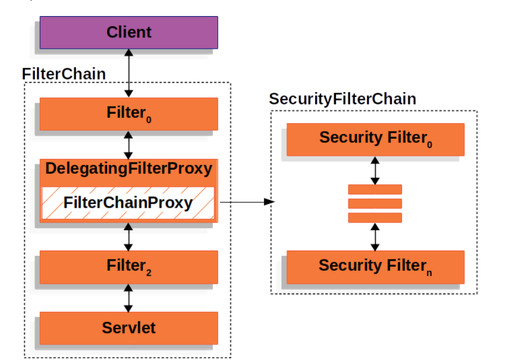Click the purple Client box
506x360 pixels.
pos(128,32)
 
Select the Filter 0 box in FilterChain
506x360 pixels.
pos(128,112)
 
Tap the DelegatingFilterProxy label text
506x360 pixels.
pos(128,169)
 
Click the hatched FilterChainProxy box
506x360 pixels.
pos(128,203)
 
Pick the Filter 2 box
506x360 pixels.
pos(128,266)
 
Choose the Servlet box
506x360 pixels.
pos(128,327)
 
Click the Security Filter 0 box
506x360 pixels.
pos(375,139)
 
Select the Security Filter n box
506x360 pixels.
pos(375,266)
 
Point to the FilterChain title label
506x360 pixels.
pos(64,74)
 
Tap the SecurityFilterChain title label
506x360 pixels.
pos(342,99)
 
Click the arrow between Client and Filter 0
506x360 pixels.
pos(128,73)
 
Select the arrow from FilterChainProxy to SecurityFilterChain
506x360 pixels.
pos(247,202)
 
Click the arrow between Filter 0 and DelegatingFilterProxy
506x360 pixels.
pos(128,143)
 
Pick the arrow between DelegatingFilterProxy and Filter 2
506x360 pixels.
pos(128,236)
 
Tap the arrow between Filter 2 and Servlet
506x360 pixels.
pos(128,297)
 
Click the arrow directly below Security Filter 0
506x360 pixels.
pos(375,170)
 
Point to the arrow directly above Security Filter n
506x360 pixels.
pos(375,236)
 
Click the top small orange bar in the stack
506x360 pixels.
pos(375,190)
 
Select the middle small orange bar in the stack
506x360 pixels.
pos(375,204)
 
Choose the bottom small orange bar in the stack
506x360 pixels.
pos(375,217)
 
